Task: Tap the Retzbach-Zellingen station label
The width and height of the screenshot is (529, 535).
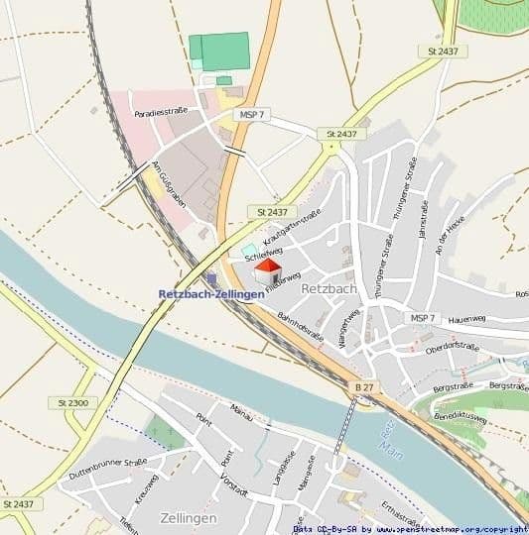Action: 211,294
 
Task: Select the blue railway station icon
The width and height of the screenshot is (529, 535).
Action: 211,280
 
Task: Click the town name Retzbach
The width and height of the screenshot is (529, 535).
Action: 328,289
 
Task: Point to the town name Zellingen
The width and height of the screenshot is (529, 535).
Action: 188,517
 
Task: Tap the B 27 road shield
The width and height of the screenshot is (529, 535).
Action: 365,385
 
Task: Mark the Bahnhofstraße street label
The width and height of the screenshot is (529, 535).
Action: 300,328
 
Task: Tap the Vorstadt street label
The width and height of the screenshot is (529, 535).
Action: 234,480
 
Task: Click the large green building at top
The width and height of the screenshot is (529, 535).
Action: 219,52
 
